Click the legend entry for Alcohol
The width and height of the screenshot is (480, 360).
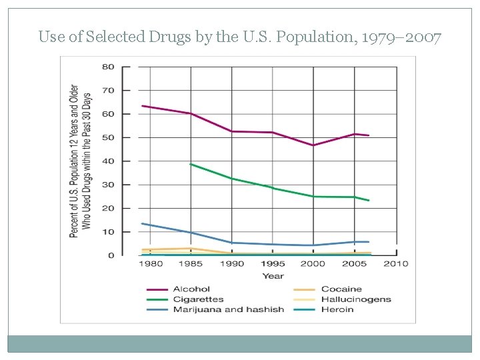click(x=191, y=289)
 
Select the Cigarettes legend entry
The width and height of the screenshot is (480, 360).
click(x=198, y=299)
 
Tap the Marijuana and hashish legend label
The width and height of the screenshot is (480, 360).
click(x=228, y=309)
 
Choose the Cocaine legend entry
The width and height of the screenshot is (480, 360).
click(x=341, y=289)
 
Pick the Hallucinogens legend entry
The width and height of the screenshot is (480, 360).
click(x=355, y=299)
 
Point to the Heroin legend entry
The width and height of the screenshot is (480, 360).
click(x=337, y=309)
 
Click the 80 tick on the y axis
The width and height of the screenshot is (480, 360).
click(x=108, y=67)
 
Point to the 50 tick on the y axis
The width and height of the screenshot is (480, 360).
click(x=108, y=137)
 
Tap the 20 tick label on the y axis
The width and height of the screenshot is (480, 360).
click(x=108, y=208)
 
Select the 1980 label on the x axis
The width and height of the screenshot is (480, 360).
click(x=151, y=264)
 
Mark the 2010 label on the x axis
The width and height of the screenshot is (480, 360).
click(x=396, y=264)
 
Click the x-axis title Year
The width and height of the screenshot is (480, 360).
click(x=273, y=275)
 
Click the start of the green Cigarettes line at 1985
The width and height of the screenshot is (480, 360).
click(x=191, y=164)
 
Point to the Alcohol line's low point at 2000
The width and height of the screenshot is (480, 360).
click(x=313, y=145)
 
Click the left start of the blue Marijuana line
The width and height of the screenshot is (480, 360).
click(x=143, y=223)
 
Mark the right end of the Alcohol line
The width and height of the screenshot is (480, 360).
click(x=369, y=135)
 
